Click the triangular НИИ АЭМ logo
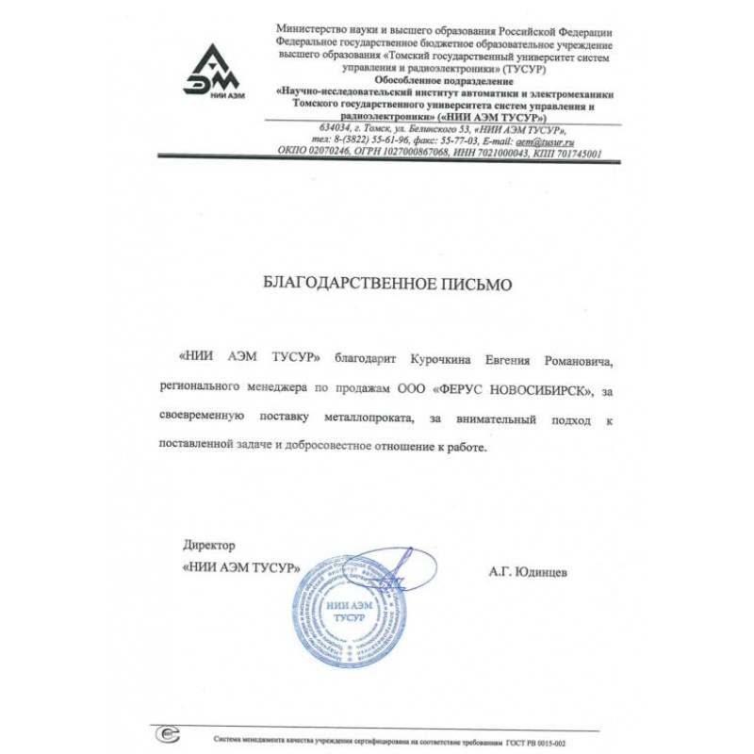point(211,73)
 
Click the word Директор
point(209,546)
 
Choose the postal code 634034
point(336,128)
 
